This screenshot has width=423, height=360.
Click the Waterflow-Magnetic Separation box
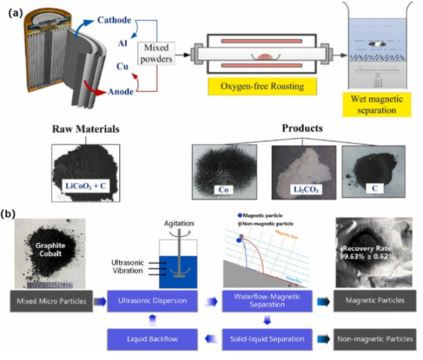[266, 301]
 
